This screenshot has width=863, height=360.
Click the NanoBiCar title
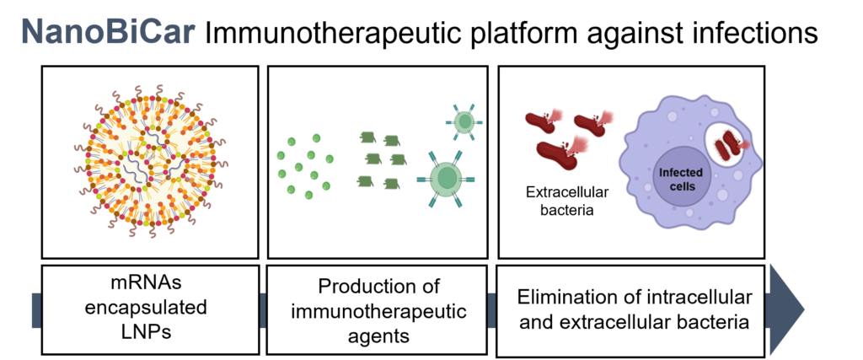110,31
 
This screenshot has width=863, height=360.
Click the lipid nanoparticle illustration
150,163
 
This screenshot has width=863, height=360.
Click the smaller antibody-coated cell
463,122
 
